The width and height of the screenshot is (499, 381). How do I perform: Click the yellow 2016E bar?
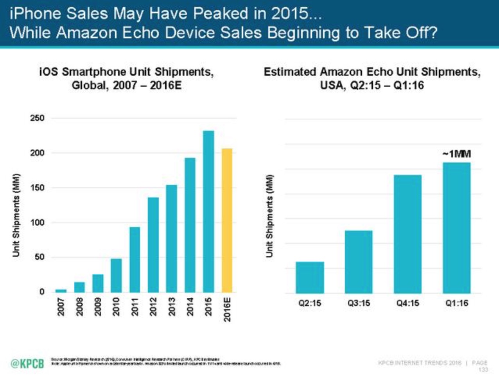tap(227, 220)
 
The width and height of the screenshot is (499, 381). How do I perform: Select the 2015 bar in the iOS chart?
tap(208, 211)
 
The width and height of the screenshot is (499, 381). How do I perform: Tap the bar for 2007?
tap(61, 290)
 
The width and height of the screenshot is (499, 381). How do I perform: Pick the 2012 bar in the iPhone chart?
tap(153, 245)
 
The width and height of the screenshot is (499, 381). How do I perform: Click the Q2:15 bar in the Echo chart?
tap(310, 277)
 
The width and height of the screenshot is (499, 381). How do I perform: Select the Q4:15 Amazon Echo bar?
tap(407, 234)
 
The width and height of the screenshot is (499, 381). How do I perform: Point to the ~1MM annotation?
tap(456, 154)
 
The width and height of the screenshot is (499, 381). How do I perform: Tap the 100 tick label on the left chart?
tap(38, 223)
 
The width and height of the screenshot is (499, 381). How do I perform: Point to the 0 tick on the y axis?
tap(41, 292)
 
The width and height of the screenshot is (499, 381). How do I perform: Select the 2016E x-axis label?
tap(227, 310)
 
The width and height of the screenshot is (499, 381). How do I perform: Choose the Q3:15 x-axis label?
tap(359, 303)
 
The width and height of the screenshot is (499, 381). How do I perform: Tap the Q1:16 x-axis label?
tap(456, 303)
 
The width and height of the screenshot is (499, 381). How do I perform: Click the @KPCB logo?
tap(27, 363)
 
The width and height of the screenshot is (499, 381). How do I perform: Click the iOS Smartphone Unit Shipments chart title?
tap(126, 78)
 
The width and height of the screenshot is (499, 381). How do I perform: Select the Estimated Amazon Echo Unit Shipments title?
tap(372, 78)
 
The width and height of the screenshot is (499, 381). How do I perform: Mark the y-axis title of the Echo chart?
tap(269, 216)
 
